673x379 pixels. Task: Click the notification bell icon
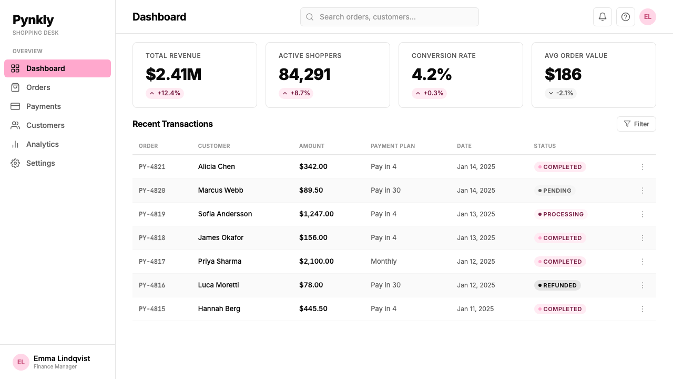tap(602, 17)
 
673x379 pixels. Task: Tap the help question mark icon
tap(626, 17)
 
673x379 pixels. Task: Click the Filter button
tap(636, 124)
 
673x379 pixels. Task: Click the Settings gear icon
tap(15, 163)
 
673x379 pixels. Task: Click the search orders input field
tap(390, 17)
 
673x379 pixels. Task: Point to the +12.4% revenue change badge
tap(165, 93)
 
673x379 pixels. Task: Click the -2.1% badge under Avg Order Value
tap(560, 93)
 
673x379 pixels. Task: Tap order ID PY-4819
tap(152, 214)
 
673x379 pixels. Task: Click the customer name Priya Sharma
tap(220, 261)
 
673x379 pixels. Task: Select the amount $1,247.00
tap(317, 214)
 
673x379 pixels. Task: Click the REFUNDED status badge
tap(557, 285)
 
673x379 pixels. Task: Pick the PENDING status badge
tap(555, 191)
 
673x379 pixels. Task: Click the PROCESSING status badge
tap(560, 214)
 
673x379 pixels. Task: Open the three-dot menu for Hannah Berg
tap(643, 309)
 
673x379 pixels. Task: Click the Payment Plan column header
tap(393, 146)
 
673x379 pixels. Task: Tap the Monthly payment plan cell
tap(384, 261)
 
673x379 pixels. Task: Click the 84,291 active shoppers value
tap(304, 74)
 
